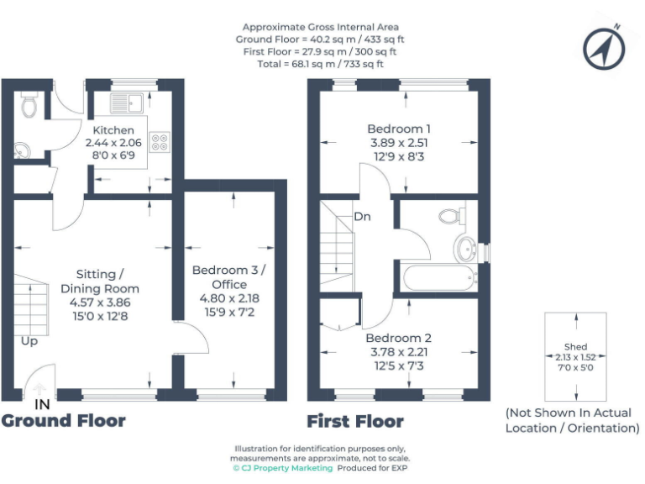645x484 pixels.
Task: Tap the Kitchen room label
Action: click(113, 130)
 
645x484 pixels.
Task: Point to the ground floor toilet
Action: click(29, 105)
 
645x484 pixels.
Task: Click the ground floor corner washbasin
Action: click(23, 150)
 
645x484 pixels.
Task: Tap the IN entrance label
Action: click(42, 404)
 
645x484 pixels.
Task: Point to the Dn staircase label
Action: click(362, 217)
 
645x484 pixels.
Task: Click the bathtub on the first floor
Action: click(438, 278)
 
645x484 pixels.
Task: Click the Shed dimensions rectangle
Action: click(576, 356)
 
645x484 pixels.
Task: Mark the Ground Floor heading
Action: click(64, 420)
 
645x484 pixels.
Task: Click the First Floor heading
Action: click(354, 421)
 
